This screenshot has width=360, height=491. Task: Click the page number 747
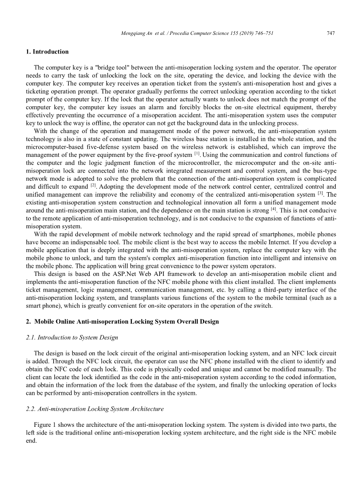(x=331, y=33)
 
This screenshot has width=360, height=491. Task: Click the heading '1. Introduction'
(x=47, y=52)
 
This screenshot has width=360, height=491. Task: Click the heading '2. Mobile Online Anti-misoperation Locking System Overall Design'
(x=122, y=321)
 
